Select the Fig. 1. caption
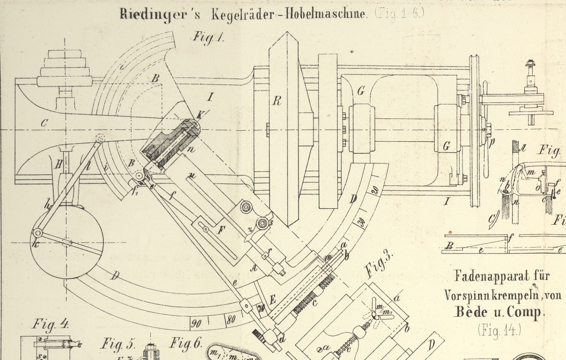pos(208,37)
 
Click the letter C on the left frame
pos(44,123)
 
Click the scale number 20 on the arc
pos(375,190)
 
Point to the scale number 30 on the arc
pos(363,222)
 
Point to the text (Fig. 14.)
pos(500,329)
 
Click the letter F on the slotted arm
pos(222,230)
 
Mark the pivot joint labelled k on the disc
pos(37,232)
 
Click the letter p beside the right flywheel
pos(492,141)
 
